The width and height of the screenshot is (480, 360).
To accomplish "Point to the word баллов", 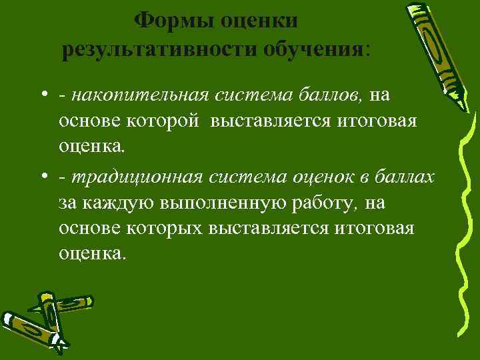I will [x=332, y=96].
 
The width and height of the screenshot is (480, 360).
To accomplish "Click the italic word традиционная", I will [x=137, y=177].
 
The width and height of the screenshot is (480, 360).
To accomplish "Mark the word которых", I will [x=171, y=227].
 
